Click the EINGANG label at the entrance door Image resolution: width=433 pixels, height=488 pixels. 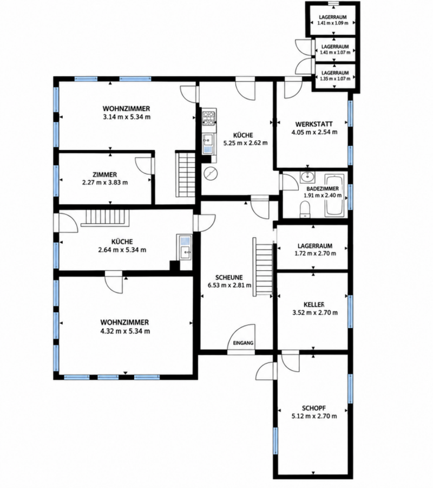click(243, 343)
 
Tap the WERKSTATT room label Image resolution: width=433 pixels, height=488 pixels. click(314, 124)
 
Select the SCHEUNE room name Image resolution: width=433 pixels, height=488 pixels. click(229, 278)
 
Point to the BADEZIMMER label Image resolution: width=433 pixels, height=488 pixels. click(323, 189)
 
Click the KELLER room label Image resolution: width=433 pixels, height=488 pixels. click(314, 305)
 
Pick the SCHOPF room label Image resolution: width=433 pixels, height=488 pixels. click(314, 408)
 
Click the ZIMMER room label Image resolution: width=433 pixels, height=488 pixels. click(104, 175)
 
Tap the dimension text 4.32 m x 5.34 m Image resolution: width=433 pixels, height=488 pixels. click(125, 331)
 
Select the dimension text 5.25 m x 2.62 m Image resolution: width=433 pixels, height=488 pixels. click(245, 143)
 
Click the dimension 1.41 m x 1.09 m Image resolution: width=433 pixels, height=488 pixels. click(332, 23)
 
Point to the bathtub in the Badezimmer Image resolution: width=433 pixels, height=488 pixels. click(334, 196)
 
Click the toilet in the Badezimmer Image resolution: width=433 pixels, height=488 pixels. click(305, 209)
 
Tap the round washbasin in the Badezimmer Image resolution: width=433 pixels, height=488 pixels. click(307, 177)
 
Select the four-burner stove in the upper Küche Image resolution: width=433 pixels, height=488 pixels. click(209, 118)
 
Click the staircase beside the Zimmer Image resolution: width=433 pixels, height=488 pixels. click(186, 174)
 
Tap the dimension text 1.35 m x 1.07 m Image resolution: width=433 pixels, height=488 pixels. click(335, 79)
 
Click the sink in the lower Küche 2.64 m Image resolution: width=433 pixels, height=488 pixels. click(184, 247)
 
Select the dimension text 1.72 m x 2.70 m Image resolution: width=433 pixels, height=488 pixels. click(315, 253)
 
